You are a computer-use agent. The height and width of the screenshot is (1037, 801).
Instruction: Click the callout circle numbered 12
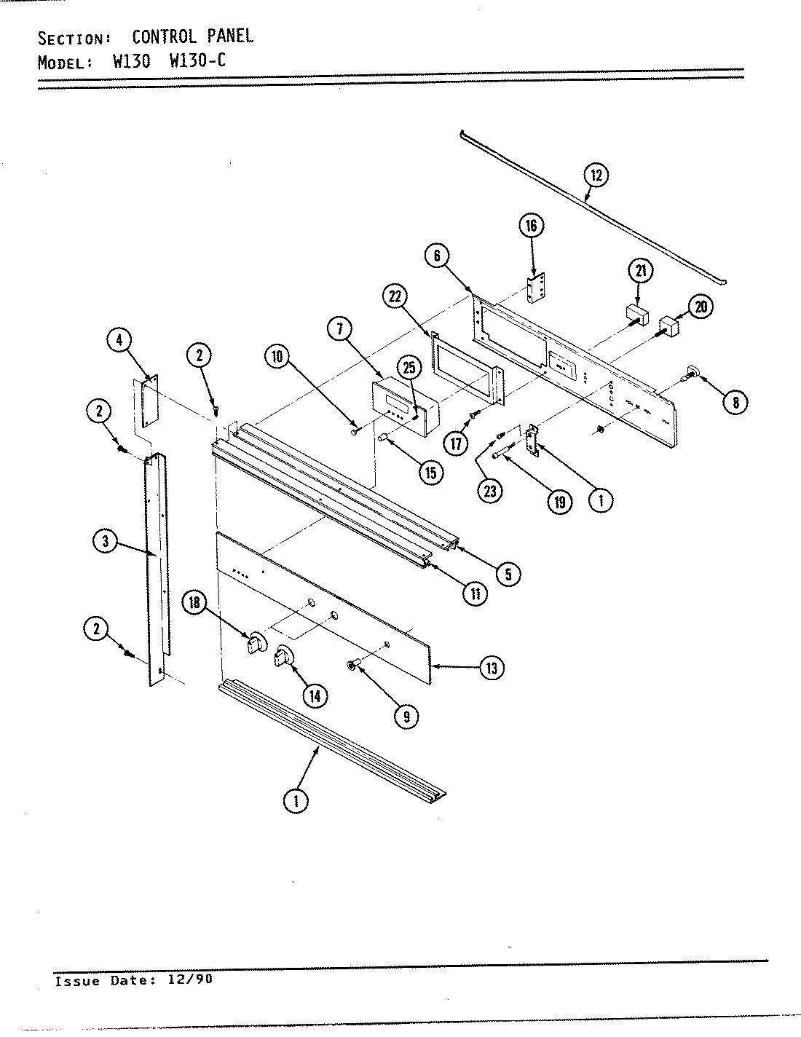[596, 175]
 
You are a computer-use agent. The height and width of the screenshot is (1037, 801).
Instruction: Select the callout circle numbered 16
[532, 226]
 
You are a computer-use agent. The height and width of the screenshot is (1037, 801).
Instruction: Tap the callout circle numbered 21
[641, 272]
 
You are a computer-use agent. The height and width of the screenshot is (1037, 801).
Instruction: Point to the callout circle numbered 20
[701, 307]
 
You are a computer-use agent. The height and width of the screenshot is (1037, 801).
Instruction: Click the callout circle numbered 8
[736, 402]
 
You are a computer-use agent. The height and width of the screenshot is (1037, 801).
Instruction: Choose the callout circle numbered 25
[408, 368]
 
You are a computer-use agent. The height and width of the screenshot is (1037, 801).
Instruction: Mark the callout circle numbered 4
[119, 341]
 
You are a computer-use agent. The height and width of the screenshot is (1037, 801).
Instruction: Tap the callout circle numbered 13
[492, 668]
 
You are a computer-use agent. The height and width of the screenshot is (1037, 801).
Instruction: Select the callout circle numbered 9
[406, 716]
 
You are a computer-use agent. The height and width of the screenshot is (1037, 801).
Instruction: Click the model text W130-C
[197, 60]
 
